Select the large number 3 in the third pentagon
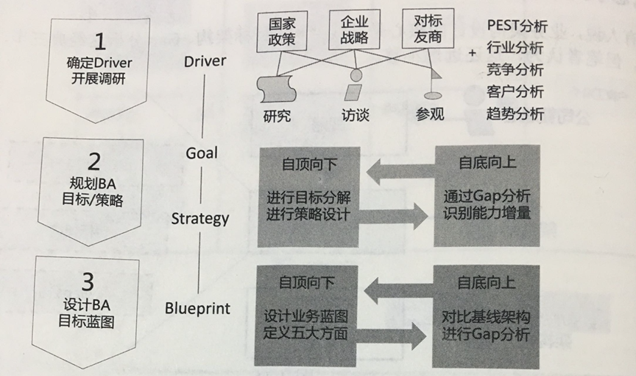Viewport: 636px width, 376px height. pos(88,282)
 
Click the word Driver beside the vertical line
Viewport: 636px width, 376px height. pos(206,60)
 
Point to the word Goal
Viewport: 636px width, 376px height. pos(202,153)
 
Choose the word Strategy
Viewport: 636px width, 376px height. pos(200,218)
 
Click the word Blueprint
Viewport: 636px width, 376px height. pos(197,308)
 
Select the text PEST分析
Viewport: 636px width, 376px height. pos(517,27)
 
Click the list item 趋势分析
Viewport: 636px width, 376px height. pos(515,114)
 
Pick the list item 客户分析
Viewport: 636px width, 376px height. pos(515,92)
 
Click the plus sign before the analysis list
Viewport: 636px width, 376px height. pos(473,49)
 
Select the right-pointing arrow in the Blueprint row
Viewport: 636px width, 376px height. pos(396,338)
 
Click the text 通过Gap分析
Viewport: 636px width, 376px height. pos(487,197)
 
